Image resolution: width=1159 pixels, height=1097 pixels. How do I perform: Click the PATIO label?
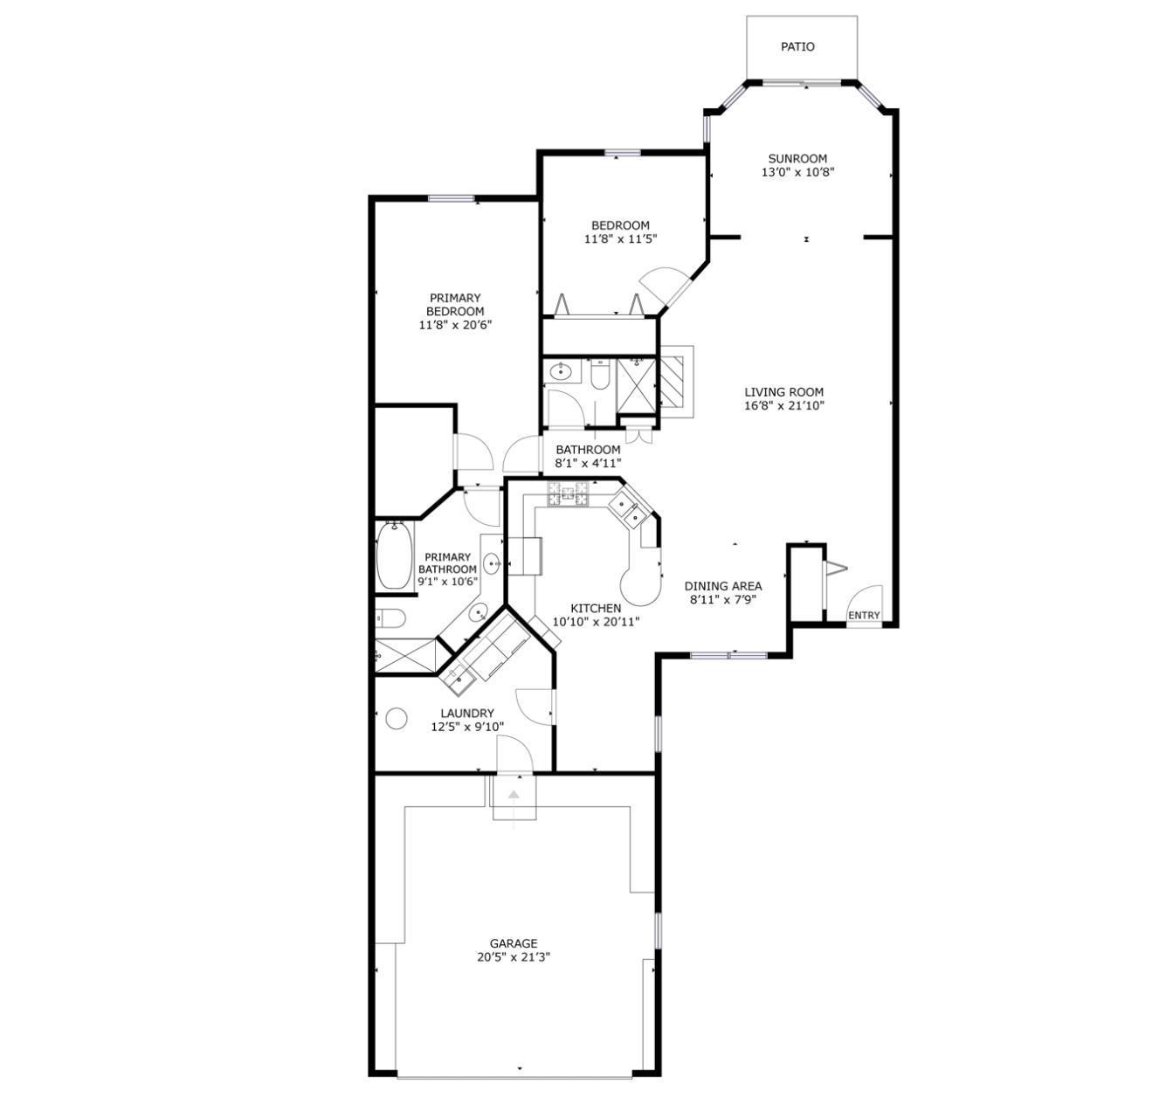(797, 47)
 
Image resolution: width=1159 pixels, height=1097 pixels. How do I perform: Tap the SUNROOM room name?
(797, 159)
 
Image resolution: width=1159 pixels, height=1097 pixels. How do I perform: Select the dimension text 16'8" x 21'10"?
(784, 405)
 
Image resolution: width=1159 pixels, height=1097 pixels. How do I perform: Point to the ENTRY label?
(864, 616)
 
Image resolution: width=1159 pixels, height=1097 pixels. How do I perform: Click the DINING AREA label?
(722, 586)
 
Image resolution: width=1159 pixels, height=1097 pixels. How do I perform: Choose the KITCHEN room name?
(596, 608)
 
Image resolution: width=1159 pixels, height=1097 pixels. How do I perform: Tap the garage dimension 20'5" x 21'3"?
(513, 957)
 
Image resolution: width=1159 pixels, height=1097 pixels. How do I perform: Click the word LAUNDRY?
(466, 713)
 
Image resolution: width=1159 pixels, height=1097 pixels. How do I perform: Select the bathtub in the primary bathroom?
(394, 555)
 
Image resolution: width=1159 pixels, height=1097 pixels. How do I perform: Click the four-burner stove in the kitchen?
(569, 494)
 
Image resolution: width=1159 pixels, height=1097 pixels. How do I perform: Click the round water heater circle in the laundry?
(397, 719)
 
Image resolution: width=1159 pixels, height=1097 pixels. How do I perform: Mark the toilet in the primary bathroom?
(390, 619)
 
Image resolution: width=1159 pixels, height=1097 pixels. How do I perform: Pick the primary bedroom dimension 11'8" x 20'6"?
(454, 325)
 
